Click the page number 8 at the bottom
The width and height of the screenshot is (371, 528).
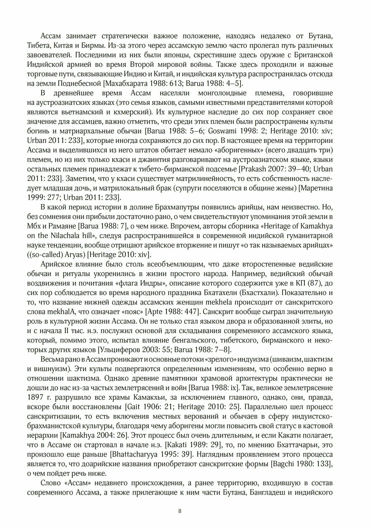pyautogui.click(x=180, y=511)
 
